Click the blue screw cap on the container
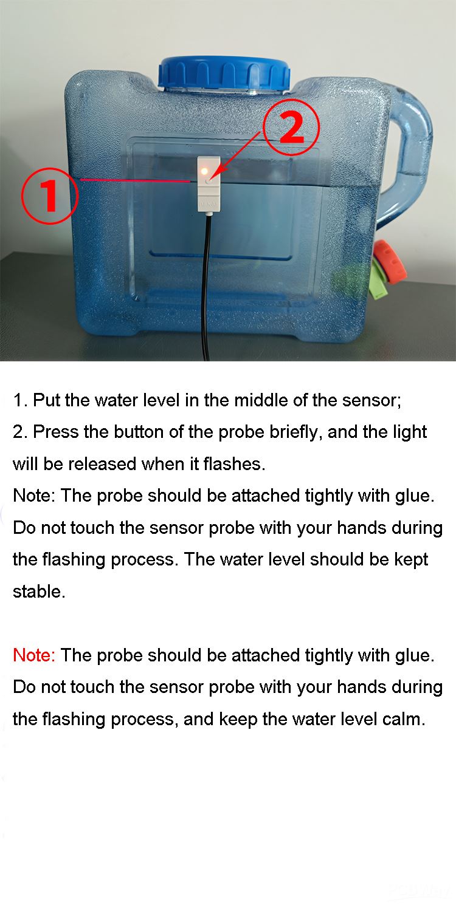pyautogui.click(x=224, y=73)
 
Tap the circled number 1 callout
pyautogui.click(x=50, y=196)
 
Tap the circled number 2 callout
pyautogui.click(x=291, y=128)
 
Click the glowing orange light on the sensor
pyautogui.click(x=204, y=171)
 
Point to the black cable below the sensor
pyautogui.click(x=208, y=287)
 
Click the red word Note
pyautogui.click(x=34, y=655)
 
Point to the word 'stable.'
pyautogui.click(x=39, y=592)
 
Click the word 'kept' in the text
pyautogui.click(x=411, y=559)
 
